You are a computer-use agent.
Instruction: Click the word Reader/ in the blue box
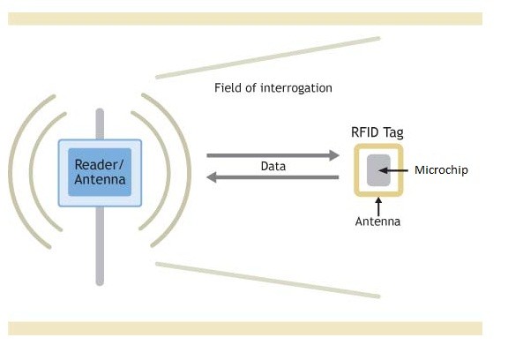tap(99, 165)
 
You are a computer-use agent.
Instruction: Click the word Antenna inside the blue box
tap(100, 179)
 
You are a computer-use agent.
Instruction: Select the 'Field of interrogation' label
tap(273, 88)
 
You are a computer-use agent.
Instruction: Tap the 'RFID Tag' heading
tap(377, 133)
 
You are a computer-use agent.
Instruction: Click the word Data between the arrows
tap(273, 167)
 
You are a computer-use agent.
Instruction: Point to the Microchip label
tap(441, 170)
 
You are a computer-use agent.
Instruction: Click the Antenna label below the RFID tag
tap(377, 221)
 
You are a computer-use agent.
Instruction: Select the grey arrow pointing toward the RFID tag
tap(273, 155)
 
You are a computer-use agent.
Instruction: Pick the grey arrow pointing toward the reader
tap(273, 177)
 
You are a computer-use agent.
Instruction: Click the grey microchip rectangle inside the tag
tap(378, 170)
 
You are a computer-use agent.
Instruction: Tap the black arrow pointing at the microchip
tap(393, 170)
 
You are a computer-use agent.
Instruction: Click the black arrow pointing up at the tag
tap(378, 206)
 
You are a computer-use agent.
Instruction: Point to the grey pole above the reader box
tap(100, 124)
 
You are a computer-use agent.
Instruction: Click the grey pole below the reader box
tap(100, 246)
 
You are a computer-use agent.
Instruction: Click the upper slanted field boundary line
tap(267, 58)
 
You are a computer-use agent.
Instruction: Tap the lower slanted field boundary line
tap(267, 281)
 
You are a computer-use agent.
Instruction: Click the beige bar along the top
tap(245, 19)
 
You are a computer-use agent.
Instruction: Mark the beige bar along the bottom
tap(245, 328)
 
